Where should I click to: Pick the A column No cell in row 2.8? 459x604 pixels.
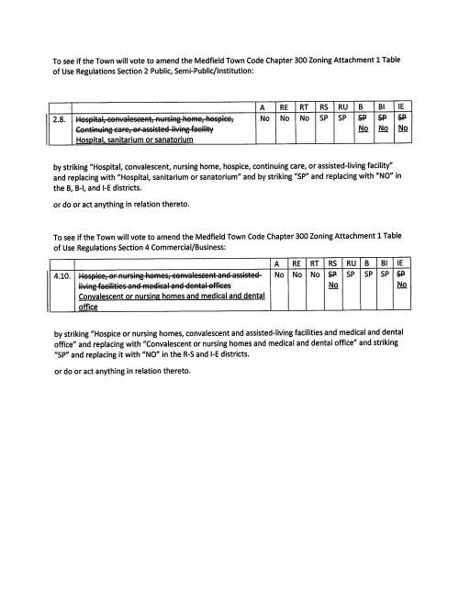coord(263,118)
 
